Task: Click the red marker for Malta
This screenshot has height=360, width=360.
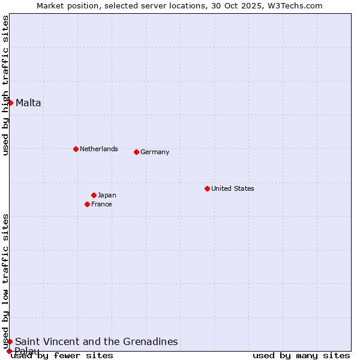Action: click(10, 103)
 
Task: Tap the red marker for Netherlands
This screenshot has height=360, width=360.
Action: click(76, 149)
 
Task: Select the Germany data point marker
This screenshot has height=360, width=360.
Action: click(136, 152)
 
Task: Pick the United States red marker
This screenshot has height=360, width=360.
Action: click(207, 188)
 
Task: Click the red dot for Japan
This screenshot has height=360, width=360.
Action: click(94, 195)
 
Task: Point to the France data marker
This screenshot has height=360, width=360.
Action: click(87, 204)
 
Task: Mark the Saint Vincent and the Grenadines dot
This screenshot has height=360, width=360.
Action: click(10, 341)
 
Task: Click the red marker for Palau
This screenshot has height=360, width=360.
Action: click(9, 351)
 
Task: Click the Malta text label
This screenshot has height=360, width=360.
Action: click(28, 103)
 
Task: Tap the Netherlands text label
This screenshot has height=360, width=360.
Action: click(99, 149)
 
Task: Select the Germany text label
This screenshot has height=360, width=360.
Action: click(155, 152)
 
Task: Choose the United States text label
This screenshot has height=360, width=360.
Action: click(233, 188)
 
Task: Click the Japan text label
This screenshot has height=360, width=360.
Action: click(107, 195)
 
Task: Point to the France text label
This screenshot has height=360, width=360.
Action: click(101, 204)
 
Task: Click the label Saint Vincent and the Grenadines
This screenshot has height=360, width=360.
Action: click(97, 341)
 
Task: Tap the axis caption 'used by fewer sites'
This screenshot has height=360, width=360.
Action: click(62, 355)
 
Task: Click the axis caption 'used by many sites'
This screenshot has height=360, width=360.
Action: click(301, 355)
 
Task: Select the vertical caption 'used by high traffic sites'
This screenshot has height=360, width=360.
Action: click(5, 85)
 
